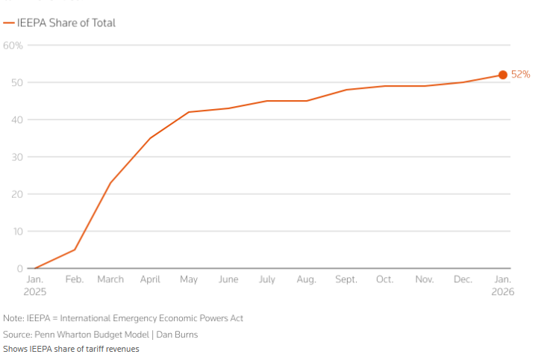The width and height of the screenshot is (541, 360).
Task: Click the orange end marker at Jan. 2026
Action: [x=502, y=75]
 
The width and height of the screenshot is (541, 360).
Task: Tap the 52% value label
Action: [x=520, y=75]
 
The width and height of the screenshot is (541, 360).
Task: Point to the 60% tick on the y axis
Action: [x=13, y=46]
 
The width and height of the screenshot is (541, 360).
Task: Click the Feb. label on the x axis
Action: [x=75, y=279]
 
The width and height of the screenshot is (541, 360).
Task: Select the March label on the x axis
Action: [x=110, y=279]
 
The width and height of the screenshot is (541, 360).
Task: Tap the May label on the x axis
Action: [x=189, y=279]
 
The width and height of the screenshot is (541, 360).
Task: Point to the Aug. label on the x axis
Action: [x=307, y=279]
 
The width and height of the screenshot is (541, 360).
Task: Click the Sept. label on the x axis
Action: [x=345, y=279]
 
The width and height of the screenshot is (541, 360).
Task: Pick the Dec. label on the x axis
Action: [x=463, y=279]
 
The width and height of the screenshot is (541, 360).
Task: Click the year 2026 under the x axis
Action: [x=502, y=291]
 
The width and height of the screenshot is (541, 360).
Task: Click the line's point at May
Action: [x=189, y=112]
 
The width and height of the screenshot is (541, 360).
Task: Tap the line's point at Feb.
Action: [x=75, y=249]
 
